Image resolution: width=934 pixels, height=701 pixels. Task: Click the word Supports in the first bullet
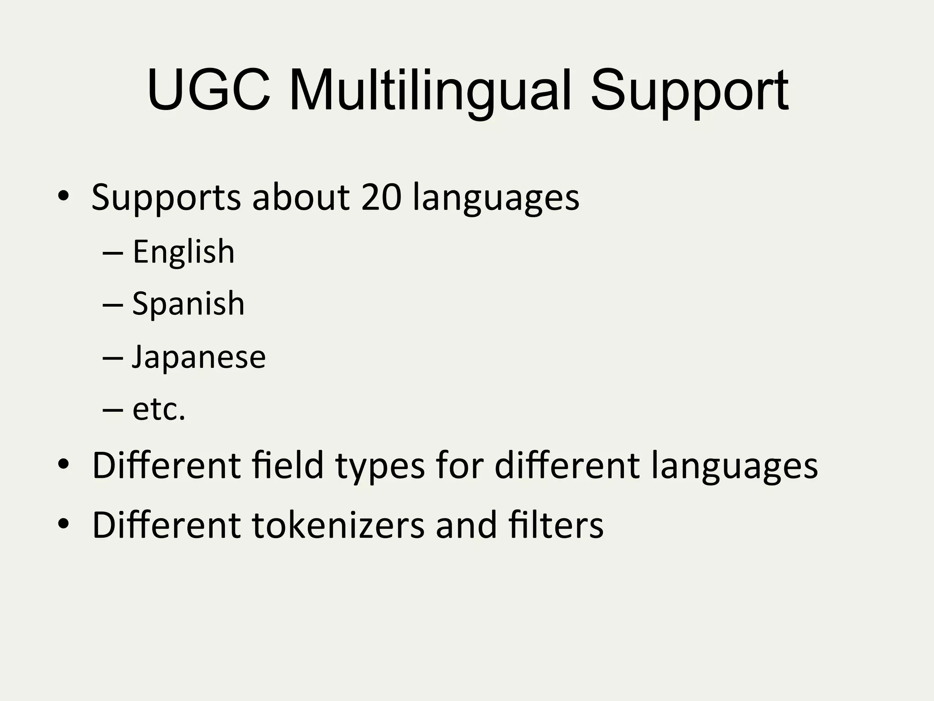(166, 198)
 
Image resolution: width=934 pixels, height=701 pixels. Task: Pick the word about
(301, 197)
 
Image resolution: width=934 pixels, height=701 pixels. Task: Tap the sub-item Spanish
(188, 304)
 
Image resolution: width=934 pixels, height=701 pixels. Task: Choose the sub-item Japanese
(199, 357)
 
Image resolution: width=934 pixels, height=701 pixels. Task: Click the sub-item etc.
(159, 409)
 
